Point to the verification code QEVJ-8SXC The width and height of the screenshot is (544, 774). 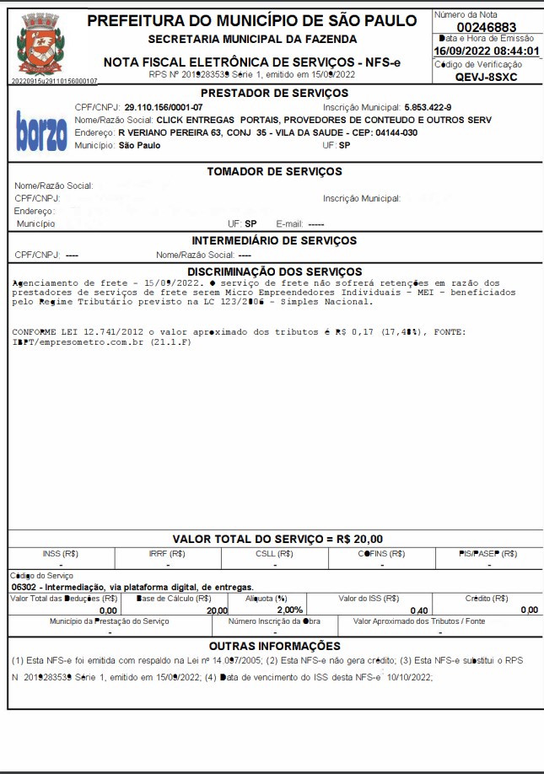486,77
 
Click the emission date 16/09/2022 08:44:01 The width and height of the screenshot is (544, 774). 486,51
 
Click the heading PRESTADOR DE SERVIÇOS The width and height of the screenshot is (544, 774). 274,93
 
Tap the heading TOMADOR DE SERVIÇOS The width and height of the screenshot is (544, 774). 274,172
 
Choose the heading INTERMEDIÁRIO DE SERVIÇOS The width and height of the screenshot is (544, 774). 274,240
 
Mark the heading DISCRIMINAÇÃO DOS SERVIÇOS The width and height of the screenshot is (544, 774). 274,271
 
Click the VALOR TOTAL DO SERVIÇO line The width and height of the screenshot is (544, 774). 277,539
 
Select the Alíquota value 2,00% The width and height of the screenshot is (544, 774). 289,610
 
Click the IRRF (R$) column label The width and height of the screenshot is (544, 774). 169,554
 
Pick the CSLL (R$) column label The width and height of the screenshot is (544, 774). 275,554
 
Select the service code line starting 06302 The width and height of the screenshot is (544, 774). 132,586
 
